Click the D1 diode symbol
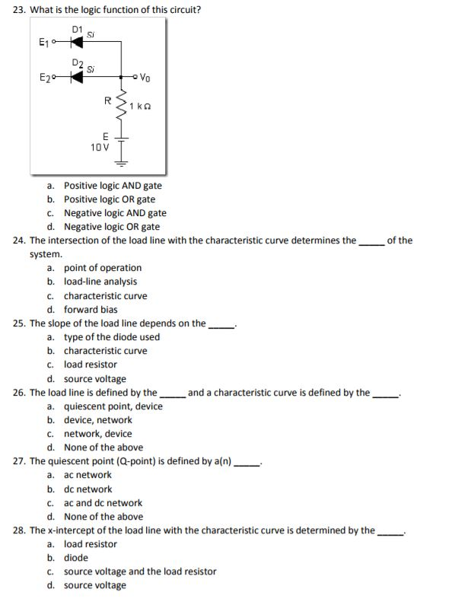pos(76,43)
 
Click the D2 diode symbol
pos(76,77)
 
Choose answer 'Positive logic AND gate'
pos(112,186)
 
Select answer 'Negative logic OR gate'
pos(111,227)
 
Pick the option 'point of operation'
pos(102,268)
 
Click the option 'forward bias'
pos(90,310)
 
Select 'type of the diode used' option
pos(111,337)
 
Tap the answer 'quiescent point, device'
pos(113,406)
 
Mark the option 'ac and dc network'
pos(103,503)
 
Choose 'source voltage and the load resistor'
pos(140,571)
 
